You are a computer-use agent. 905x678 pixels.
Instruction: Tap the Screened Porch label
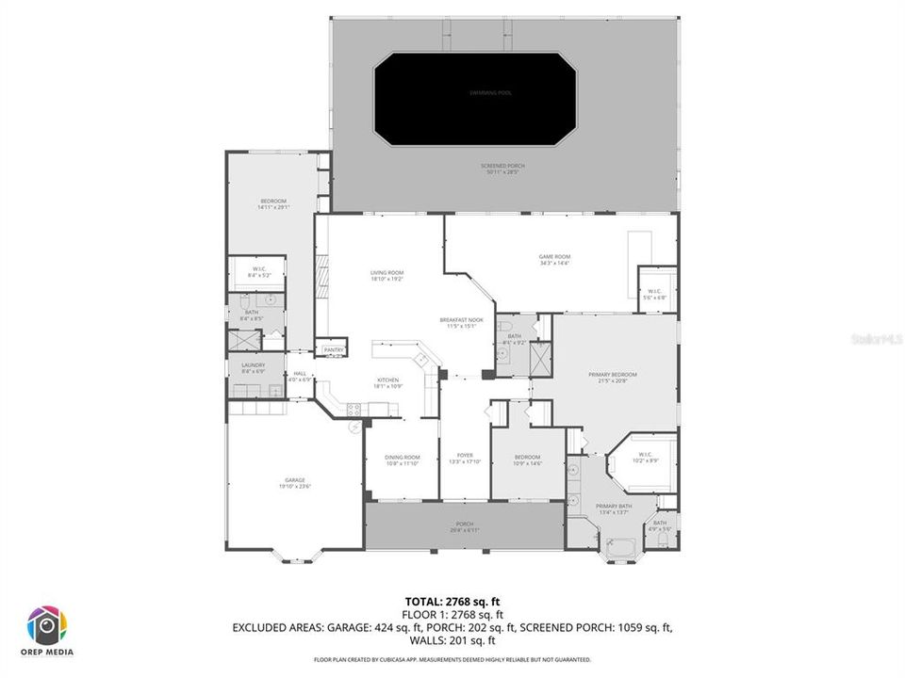point(505,169)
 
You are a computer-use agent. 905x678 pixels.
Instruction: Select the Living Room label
point(387,276)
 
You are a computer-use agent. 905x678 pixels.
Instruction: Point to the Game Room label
point(554,260)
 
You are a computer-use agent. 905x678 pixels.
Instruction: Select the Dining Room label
point(402,460)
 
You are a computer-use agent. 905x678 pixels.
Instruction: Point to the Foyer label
point(466,459)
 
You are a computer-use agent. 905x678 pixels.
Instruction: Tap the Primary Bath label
point(613,509)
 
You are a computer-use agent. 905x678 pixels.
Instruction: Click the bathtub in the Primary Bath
point(622,545)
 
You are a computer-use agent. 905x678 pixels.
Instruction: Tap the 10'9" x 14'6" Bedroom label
point(527,460)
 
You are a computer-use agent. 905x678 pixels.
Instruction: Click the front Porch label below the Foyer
point(465,526)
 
